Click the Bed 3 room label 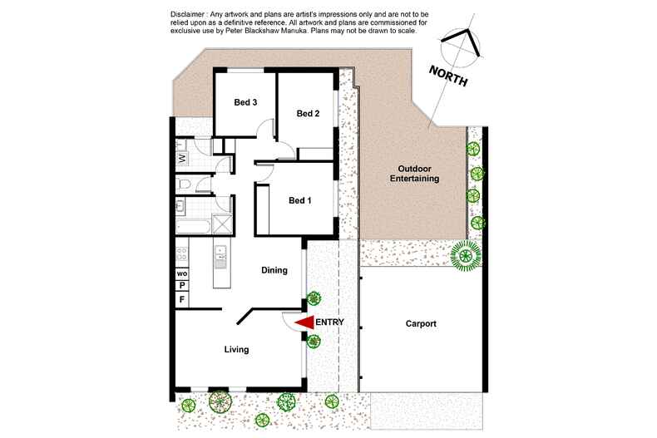[x=245, y=103]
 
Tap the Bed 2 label [x=308, y=114]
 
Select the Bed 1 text [x=300, y=200]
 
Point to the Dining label [x=274, y=270]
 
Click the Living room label [x=236, y=350]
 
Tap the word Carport [x=421, y=324]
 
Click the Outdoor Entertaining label [x=412, y=173]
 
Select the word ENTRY [x=330, y=322]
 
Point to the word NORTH [x=447, y=76]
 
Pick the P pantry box [x=181, y=285]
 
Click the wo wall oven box [x=181, y=272]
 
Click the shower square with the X [x=222, y=224]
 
